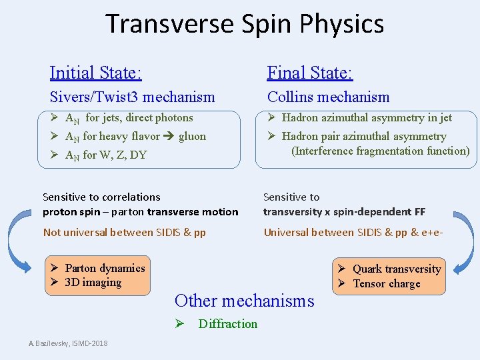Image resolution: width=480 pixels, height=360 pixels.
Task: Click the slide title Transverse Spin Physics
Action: [x=245, y=24]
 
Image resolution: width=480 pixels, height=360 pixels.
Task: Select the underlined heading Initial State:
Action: [x=95, y=72]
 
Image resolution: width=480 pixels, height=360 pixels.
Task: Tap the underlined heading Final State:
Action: [x=310, y=72]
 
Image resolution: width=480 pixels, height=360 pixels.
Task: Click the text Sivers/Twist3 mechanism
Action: [x=132, y=97]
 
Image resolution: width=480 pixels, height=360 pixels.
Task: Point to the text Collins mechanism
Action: [x=328, y=97]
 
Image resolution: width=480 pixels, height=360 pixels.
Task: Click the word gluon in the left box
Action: [x=192, y=136]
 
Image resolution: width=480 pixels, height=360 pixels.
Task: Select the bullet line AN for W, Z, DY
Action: [x=105, y=155]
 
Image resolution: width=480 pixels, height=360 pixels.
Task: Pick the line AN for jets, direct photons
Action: [x=129, y=118]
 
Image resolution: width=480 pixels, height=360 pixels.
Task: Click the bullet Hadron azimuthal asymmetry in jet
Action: [x=366, y=118]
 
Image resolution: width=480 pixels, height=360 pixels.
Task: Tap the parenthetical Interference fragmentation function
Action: [x=380, y=151]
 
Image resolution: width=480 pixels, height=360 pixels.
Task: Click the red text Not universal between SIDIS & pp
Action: [x=124, y=232]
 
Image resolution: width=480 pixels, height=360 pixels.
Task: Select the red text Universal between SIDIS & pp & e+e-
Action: [x=353, y=232]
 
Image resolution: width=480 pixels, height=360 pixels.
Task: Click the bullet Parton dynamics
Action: [x=105, y=268]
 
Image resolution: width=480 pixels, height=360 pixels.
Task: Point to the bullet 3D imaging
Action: [x=93, y=282]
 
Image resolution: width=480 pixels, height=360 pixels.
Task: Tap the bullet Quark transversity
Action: [x=396, y=269]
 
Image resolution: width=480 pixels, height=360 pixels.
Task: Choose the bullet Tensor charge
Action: [x=386, y=283]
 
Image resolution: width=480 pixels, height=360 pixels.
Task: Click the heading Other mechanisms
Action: [x=244, y=301]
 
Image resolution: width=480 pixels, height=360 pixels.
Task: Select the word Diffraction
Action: [x=227, y=323]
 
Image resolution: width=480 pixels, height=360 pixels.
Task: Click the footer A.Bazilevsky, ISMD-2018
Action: [x=68, y=343]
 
